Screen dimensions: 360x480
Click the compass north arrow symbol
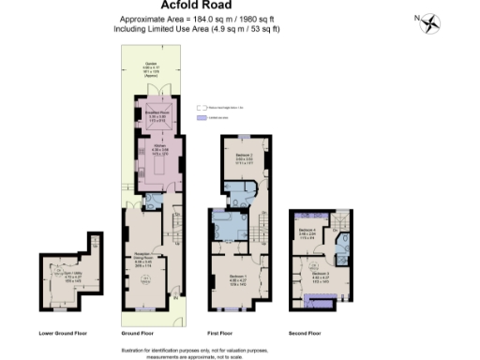pos(429,21)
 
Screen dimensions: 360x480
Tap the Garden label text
pos(150,67)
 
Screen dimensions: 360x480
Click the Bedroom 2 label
pos(244,160)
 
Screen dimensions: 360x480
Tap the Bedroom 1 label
pos(237,278)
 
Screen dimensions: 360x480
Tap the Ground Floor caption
pos(137,333)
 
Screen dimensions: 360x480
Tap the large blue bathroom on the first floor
pos(228,228)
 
